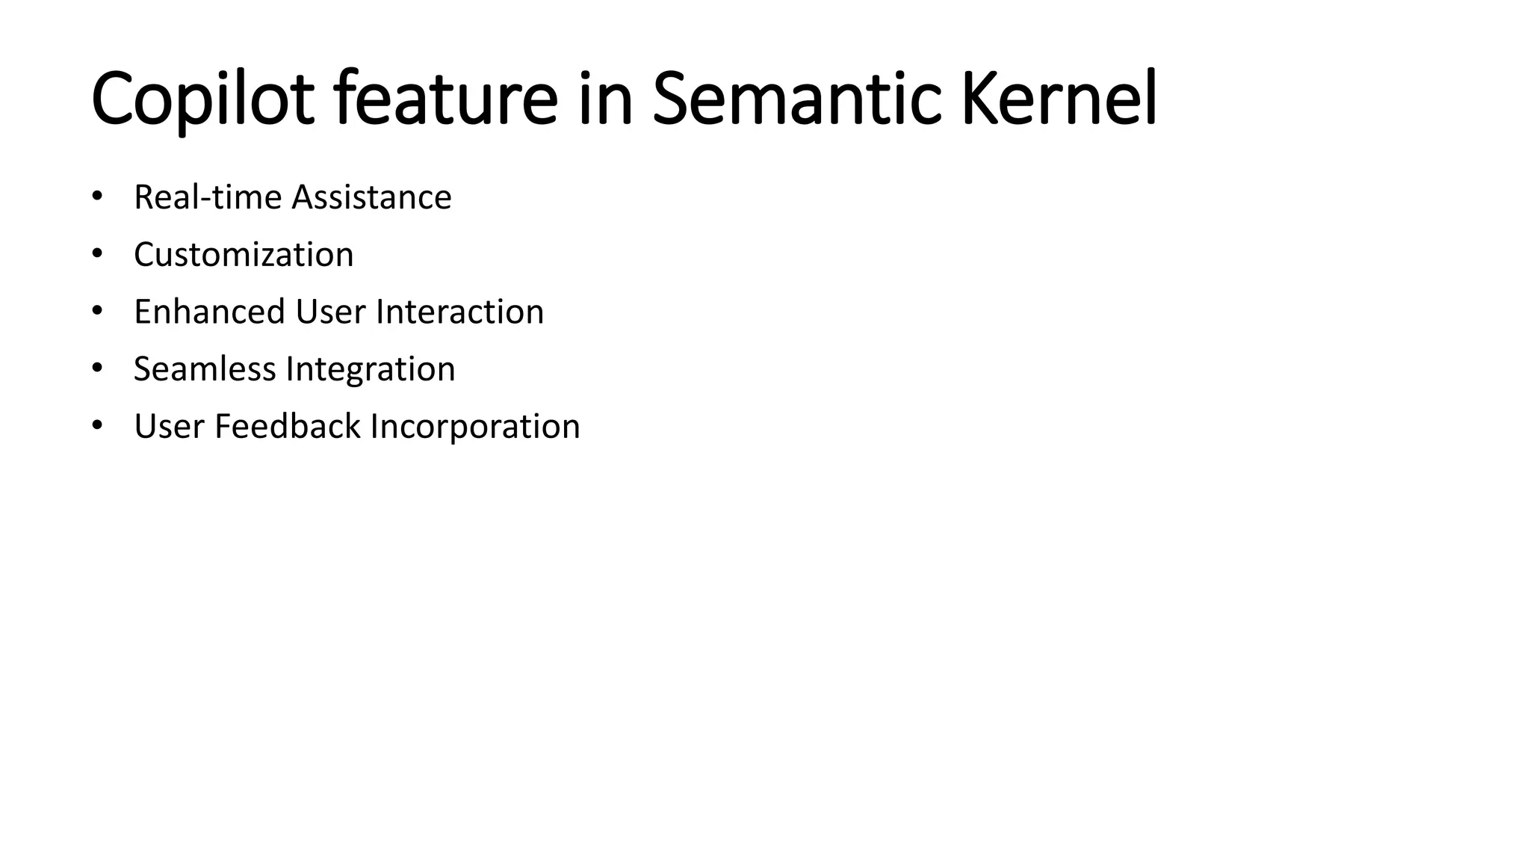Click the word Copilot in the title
coord(202,99)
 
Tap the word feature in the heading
coord(446,99)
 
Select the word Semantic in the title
coord(796,99)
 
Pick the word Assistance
coord(371,198)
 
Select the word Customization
coord(244,255)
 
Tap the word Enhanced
coord(209,312)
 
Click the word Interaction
coord(459,312)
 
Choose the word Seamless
coord(205,369)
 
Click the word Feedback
coord(288,427)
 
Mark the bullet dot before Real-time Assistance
coord(96,197)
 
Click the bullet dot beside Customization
coord(96,254)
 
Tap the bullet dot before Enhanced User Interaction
coord(96,311)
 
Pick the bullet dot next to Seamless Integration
coord(96,368)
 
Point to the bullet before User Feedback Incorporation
coord(96,426)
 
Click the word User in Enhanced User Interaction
coord(330,312)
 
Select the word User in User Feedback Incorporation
coord(169,427)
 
